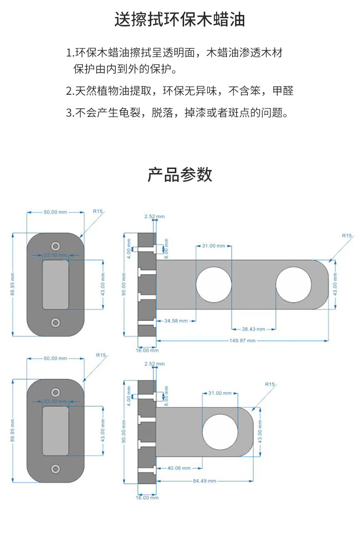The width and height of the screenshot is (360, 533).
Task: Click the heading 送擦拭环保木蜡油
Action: [x=180, y=20]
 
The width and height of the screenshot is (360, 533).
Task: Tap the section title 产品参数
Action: [x=180, y=174]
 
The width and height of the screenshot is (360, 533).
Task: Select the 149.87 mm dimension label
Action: [x=242, y=341]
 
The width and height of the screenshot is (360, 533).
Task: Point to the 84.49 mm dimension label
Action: [x=204, y=481]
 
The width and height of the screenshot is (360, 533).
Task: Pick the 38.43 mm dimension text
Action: [x=253, y=329]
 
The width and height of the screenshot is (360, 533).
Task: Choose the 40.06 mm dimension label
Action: [x=178, y=468]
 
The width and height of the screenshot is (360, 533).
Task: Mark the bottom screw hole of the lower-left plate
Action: [x=56, y=469]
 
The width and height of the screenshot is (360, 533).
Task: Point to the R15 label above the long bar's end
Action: [x=347, y=236]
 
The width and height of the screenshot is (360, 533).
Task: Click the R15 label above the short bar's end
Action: [x=270, y=384]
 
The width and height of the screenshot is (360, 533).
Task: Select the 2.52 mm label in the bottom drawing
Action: [x=154, y=364]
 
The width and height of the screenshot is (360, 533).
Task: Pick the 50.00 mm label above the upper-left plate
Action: [x=55, y=212]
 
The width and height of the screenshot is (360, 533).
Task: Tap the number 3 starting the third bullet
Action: [x=69, y=113]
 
